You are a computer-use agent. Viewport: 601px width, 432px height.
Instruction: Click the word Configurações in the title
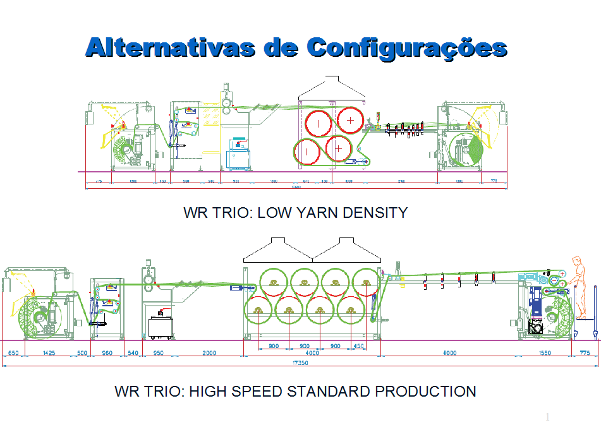coord(407,47)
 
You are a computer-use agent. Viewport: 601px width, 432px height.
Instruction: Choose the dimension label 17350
coord(300,364)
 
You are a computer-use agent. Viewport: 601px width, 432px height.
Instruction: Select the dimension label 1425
coord(49,353)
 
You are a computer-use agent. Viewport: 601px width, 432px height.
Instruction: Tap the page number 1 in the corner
coord(547,418)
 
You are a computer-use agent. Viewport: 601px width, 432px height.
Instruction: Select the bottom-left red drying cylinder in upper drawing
coord(307,152)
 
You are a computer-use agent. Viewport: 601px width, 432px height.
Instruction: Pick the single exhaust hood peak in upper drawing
coord(331,78)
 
